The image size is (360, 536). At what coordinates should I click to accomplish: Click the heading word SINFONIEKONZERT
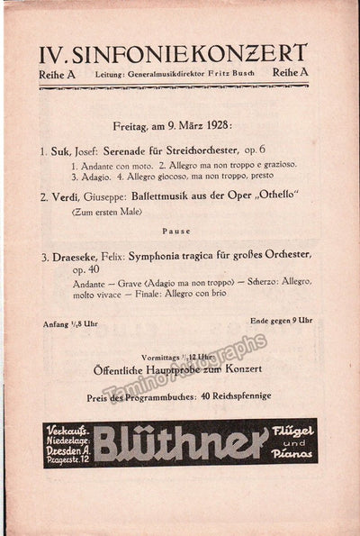(195, 53)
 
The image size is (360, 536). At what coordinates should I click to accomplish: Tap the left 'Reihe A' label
(58, 74)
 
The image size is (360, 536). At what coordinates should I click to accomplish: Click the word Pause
(175, 232)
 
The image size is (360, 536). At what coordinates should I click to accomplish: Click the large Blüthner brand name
(180, 442)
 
